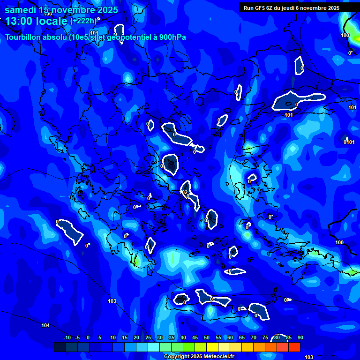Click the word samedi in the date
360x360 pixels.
21,10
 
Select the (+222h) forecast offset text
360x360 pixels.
83,21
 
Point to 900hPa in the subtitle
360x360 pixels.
172,37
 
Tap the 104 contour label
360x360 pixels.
45,325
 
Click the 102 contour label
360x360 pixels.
185,192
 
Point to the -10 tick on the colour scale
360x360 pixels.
67,337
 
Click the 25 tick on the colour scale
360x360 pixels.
148,337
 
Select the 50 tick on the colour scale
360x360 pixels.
207,337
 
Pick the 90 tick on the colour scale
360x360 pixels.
300,337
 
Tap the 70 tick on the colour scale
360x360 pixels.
254,337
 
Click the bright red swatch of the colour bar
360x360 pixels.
294,347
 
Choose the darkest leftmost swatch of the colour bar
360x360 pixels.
60,347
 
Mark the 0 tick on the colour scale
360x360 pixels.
88,337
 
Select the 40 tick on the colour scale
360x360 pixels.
183,337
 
